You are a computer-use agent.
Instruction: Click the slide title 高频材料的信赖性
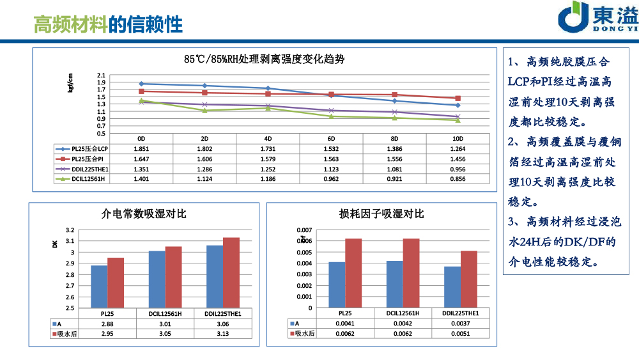(108, 24)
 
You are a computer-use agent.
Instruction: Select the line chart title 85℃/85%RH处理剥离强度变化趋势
(264, 59)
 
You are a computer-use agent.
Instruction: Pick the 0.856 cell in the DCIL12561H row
(458, 179)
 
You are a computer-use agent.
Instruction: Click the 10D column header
(458, 138)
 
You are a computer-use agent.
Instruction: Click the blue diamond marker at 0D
(141, 84)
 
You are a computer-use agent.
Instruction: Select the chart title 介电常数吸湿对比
(144, 214)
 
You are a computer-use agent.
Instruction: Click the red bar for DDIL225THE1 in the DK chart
(231, 273)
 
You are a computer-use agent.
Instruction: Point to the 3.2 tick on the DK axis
(70, 230)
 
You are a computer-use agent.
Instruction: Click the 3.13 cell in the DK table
(223, 334)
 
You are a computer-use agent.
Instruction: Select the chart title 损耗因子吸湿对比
(381, 214)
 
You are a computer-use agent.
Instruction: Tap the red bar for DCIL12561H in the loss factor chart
(411, 273)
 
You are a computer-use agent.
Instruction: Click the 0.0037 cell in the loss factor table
(460, 324)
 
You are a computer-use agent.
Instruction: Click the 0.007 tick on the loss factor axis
(304, 230)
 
